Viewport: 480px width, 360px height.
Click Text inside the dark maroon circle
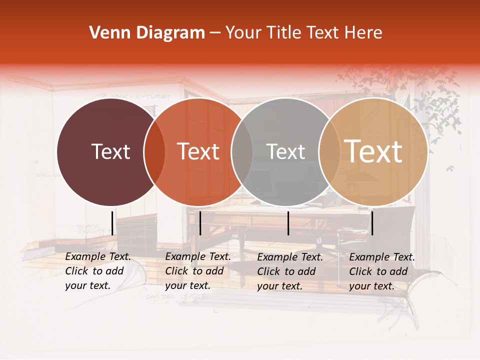(110, 151)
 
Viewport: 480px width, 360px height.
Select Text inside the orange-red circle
(198, 151)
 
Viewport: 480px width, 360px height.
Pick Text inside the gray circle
(285, 151)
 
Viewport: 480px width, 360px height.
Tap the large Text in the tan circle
(373, 151)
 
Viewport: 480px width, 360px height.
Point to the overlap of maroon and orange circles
(154, 152)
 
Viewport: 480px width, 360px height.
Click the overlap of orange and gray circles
(242, 152)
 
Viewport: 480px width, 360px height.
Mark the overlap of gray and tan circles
(329, 152)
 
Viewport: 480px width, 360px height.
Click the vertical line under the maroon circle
(112, 223)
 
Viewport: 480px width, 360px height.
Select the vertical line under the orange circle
(200, 223)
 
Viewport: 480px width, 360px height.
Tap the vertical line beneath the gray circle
(288, 223)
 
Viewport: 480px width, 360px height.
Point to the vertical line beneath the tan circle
(372, 223)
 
